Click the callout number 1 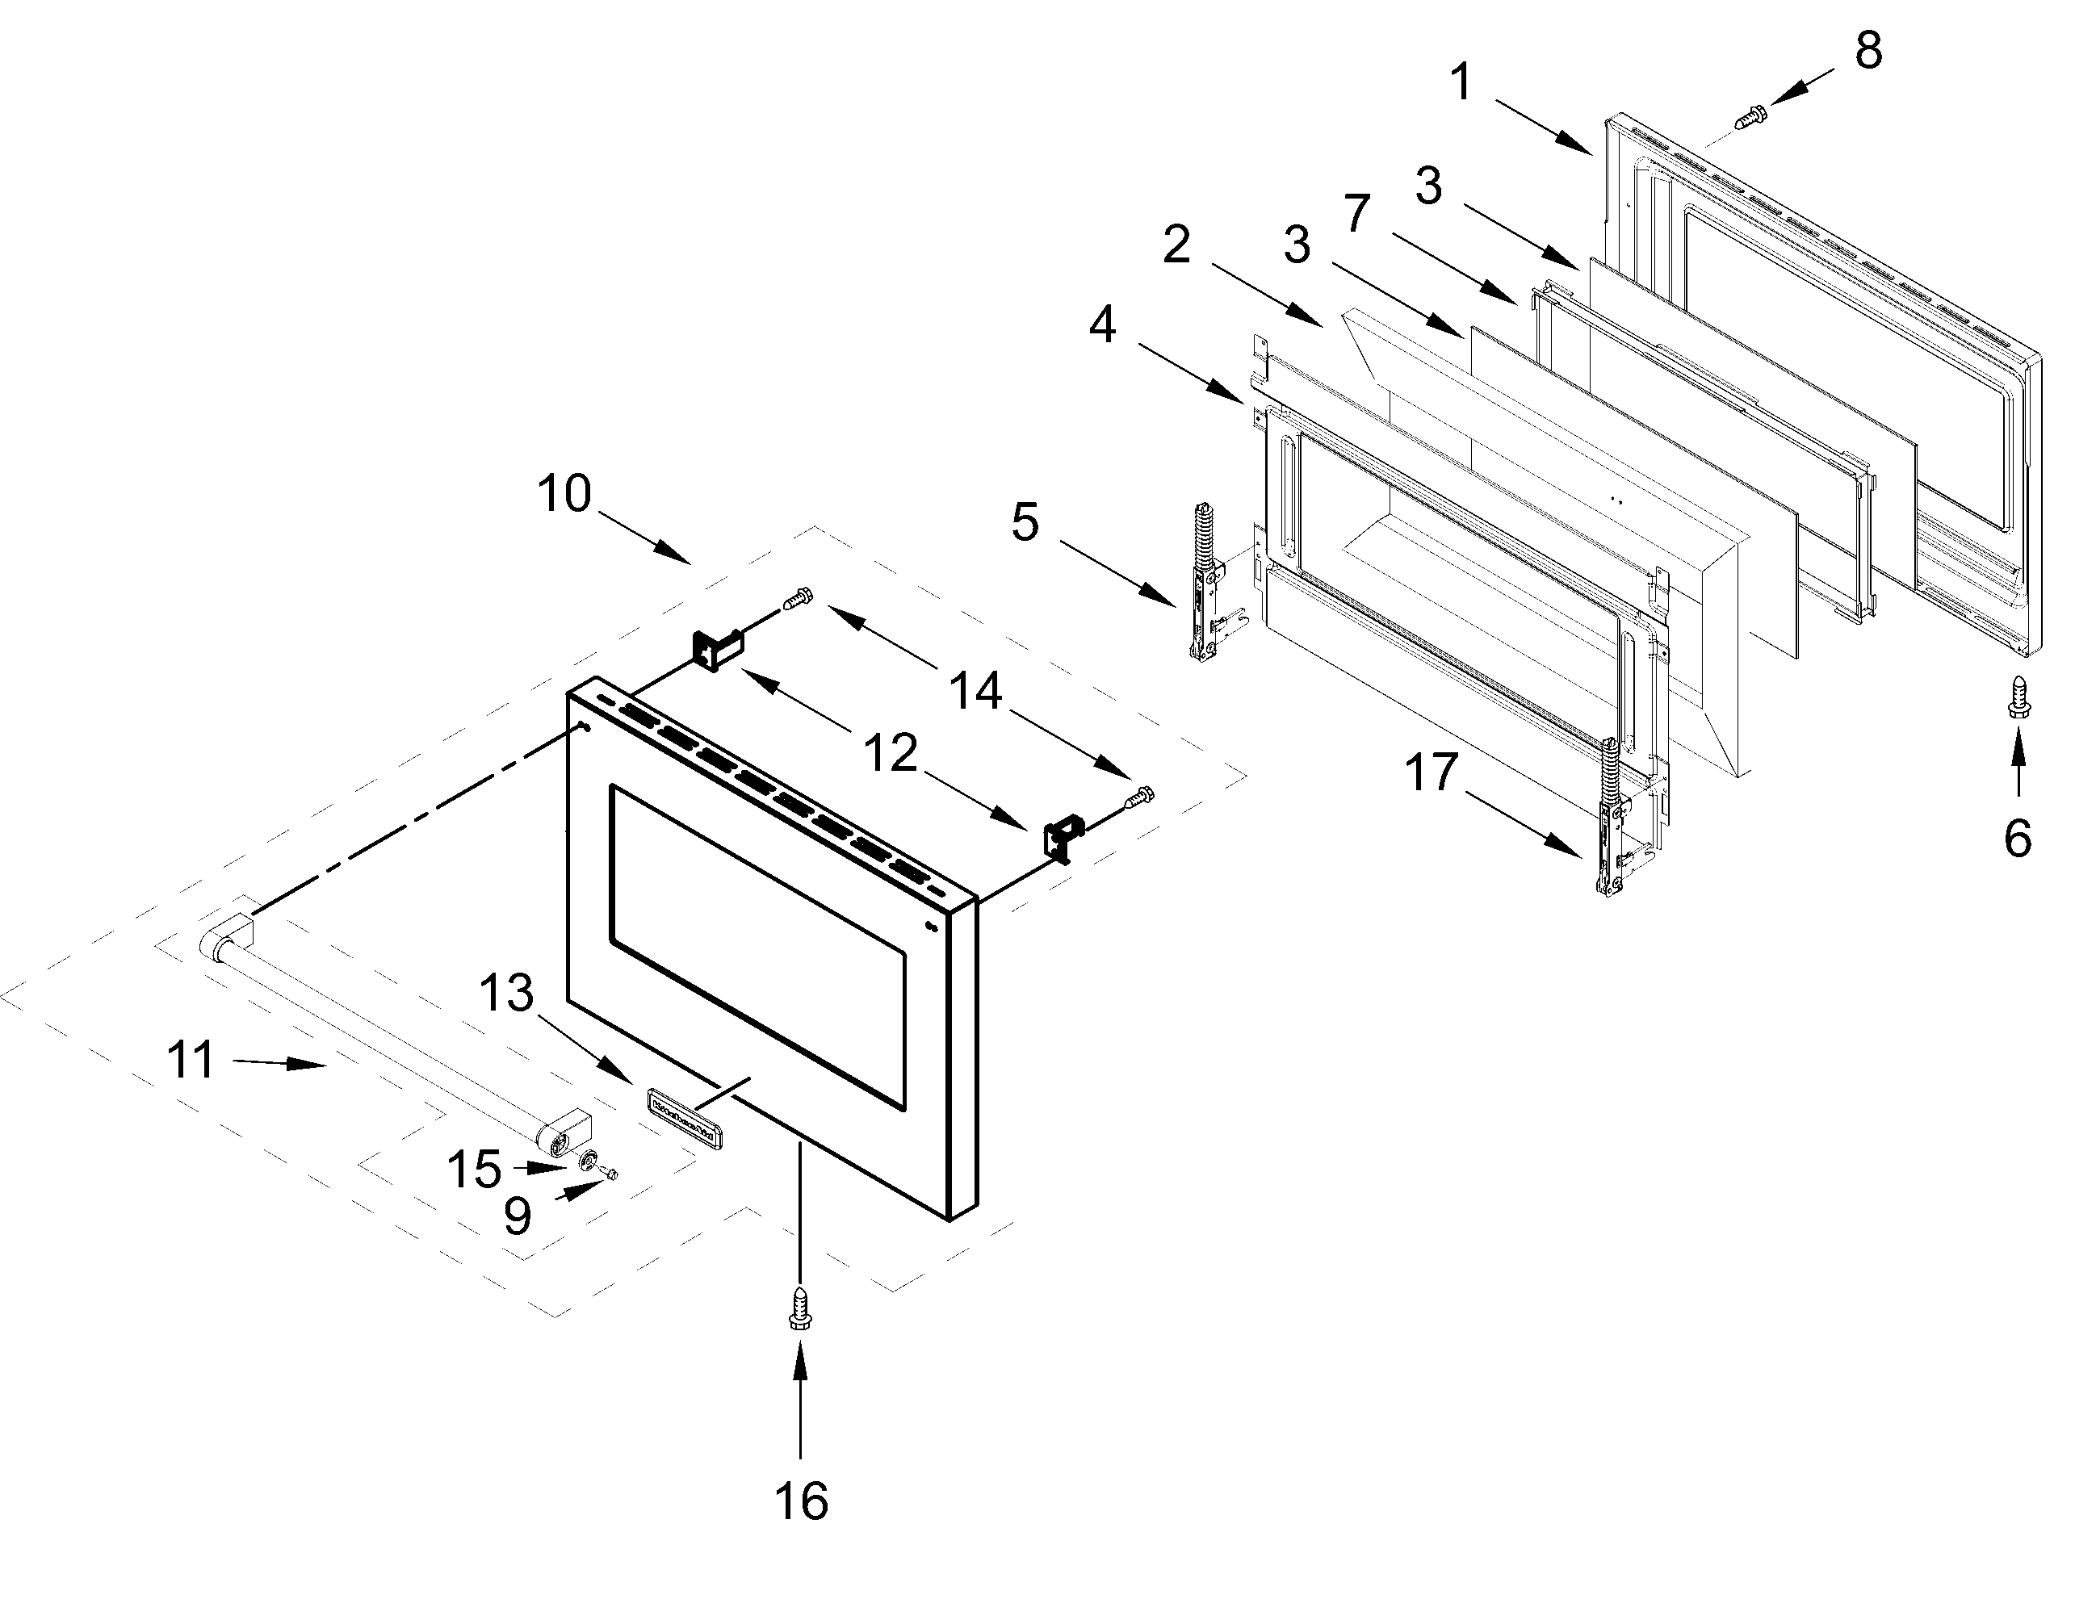(1461, 82)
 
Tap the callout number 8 (1867, 50)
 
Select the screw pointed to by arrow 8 (1749, 118)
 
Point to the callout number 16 (801, 1501)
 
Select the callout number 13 (506, 994)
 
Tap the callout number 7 (1356, 214)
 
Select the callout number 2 (1176, 245)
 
